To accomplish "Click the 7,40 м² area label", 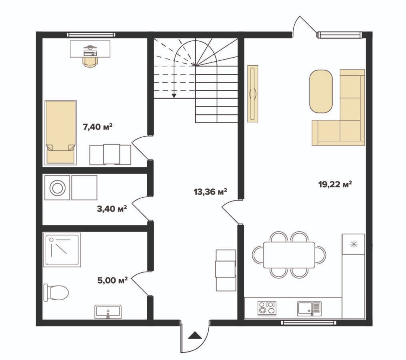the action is pyautogui.click(x=98, y=127).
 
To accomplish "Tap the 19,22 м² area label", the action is pyautogui.click(x=335, y=184).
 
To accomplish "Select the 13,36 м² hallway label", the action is pyautogui.click(x=210, y=192).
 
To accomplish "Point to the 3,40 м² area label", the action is pyautogui.click(x=112, y=209).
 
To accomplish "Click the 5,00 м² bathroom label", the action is pyautogui.click(x=113, y=280).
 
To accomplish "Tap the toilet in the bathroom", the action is pyautogui.click(x=56, y=293).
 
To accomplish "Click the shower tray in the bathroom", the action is pyautogui.click(x=62, y=250).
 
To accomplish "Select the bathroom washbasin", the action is pyautogui.click(x=108, y=312).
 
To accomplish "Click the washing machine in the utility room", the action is pyautogui.click(x=57, y=188).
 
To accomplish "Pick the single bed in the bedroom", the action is pyautogui.click(x=60, y=133).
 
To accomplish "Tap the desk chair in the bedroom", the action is pyautogui.click(x=90, y=62).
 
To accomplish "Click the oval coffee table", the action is pyautogui.click(x=321, y=92).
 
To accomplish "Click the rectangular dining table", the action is pyautogui.click(x=289, y=255).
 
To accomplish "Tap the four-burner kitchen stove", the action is pyautogui.click(x=267, y=308).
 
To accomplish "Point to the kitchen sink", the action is pyautogui.click(x=309, y=308).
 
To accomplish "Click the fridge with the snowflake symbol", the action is pyautogui.click(x=354, y=244).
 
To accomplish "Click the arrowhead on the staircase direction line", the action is pyautogui.click(x=174, y=96).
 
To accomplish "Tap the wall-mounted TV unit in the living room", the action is pyautogui.click(x=253, y=94).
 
